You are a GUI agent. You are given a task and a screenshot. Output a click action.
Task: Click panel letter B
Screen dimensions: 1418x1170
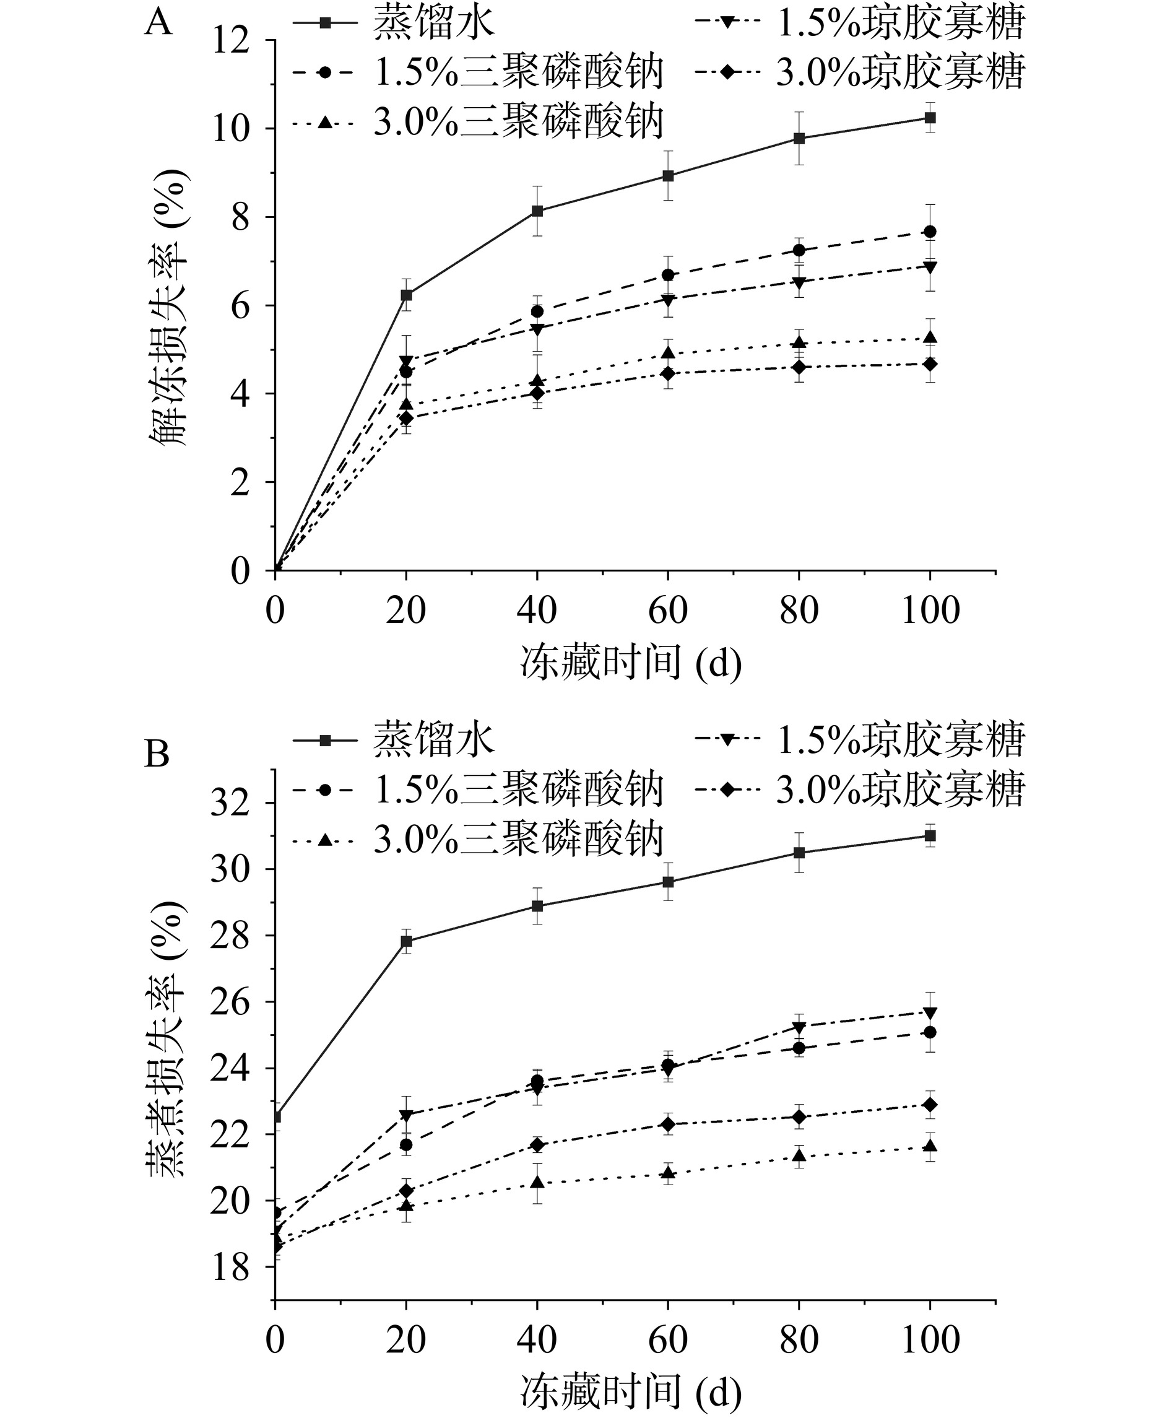coord(158,754)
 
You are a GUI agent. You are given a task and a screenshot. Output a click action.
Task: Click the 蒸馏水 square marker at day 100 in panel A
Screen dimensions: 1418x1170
coord(930,118)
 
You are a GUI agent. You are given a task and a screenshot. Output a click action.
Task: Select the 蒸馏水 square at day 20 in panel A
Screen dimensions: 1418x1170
coord(406,295)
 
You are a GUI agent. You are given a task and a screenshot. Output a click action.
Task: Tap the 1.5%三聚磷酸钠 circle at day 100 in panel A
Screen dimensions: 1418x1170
coord(930,232)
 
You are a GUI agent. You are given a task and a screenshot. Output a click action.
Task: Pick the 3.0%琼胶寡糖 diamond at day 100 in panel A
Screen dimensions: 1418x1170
coord(930,364)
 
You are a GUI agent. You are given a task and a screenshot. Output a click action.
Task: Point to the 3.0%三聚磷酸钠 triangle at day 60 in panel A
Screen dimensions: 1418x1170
coord(668,352)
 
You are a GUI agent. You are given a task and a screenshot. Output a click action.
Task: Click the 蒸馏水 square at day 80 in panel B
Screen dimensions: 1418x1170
coord(799,853)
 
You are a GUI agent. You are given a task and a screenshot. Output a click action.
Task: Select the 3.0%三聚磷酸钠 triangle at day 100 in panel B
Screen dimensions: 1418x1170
coord(930,1146)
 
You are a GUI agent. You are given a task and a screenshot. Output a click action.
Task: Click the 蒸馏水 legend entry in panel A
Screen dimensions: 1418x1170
coord(395,24)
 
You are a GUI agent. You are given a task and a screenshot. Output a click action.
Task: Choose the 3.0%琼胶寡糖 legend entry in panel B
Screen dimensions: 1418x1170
coord(859,786)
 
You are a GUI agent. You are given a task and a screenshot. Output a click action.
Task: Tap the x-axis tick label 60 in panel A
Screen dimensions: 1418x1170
coord(667,611)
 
